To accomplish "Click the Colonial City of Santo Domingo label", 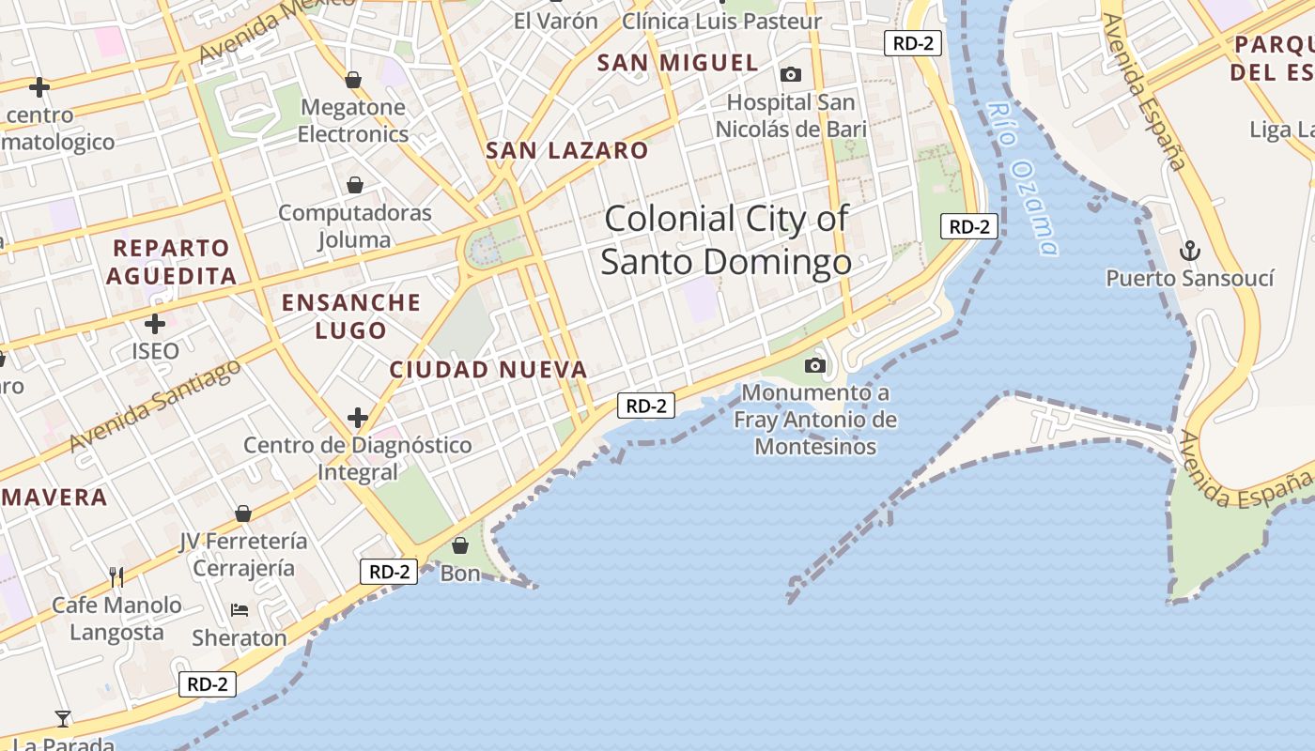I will coord(726,240).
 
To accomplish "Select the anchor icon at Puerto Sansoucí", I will coord(1190,251).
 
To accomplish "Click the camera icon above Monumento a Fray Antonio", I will coord(815,365).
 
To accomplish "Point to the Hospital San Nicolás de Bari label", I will coord(791,115).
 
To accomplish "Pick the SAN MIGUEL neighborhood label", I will coord(678,63).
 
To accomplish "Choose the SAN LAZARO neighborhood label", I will coord(566,150).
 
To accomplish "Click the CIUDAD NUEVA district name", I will coord(488,370).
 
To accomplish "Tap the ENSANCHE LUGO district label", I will coord(351,316).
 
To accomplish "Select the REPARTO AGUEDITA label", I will coord(171,262).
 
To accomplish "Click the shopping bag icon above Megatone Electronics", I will coord(353,81).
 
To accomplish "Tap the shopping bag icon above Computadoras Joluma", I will coord(355,185).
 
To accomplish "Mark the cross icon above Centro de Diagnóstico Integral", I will coord(358,417).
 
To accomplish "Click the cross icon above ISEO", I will coord(155,324).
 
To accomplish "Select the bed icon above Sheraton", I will coord(240,610).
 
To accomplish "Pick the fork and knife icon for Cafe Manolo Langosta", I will coord(116,576).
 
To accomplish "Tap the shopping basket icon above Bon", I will coord(460,545).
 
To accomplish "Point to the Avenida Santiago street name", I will coord(155,406).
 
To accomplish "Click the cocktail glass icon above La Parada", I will coord(63,719).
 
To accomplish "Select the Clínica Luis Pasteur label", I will coord(721,21).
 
